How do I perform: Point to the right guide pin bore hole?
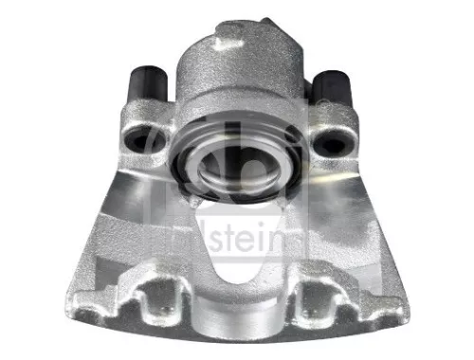coord(334,142)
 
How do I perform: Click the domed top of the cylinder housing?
coord(237,57)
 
